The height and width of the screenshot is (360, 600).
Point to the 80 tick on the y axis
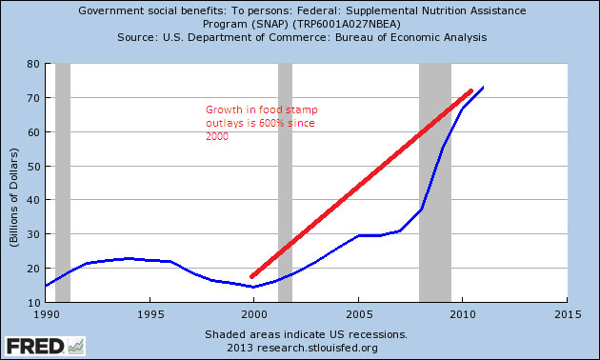(32, 64)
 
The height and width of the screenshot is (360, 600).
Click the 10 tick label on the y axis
(32, 301)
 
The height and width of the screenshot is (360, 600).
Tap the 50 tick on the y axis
(32, 166)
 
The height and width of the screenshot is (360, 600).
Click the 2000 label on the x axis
(253, 313)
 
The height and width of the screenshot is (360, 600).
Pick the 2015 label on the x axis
(567, 313)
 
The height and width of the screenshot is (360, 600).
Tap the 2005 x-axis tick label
(358, 313)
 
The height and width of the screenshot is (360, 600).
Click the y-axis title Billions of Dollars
(14, 182)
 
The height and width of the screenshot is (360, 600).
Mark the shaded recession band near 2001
(285, 181)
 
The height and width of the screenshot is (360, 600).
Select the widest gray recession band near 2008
(435, 181)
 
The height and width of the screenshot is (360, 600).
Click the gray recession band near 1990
(63, 181)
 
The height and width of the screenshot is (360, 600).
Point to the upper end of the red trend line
(470, 91)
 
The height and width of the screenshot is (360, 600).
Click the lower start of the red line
(253, 276)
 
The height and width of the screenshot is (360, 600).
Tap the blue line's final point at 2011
(484, 88)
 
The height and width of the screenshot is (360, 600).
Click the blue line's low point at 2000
(253, 287)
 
